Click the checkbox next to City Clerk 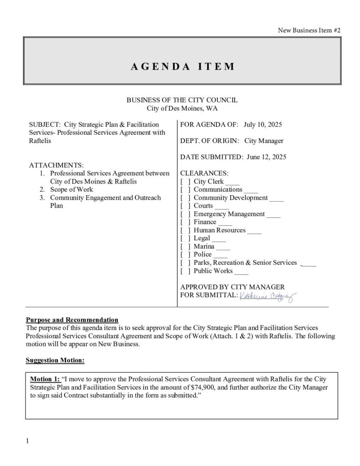[x=185, y=182]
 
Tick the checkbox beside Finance [x=185, y=222]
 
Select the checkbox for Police [x=185, y=254]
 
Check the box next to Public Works [x=185, y=271]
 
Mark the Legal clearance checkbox [x=185, y=238]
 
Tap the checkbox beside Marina [x=185, y=246]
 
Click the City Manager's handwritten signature [x=267, y=297]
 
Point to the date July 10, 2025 [x=264, y=124]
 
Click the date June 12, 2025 [x=266, y=157]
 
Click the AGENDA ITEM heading [x=183, y=66]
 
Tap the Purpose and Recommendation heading [x=72, y=320]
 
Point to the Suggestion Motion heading [x=55, y=360]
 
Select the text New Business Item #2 [x=309, y=30]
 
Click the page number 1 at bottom [x=28, y=441]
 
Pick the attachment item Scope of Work [x=71, y=189]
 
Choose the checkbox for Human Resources [x=185, y=230]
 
